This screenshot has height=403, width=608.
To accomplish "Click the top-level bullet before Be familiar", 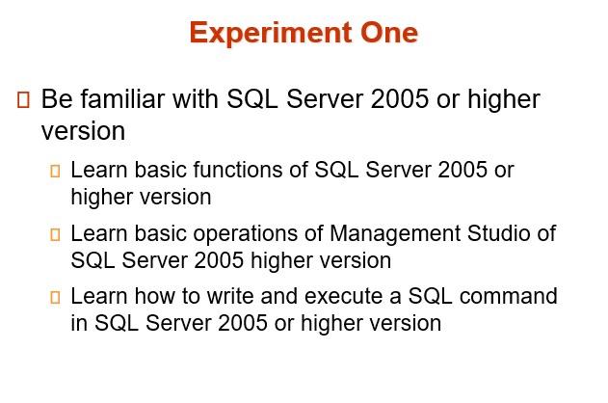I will coord(24,99).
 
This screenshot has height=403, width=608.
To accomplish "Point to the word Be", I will coord(56,99).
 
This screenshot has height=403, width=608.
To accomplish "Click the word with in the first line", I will coord(197,99).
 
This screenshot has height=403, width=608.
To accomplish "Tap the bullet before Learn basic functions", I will coord(55,172).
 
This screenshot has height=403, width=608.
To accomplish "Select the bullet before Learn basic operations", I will coord(55,234).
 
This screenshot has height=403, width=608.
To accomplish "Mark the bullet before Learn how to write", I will coord(55,297).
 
